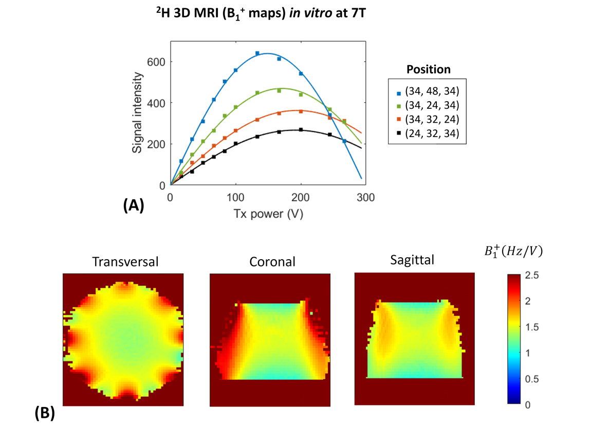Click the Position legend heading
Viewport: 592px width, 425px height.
tap(428, 69)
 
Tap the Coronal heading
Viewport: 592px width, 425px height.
tap(272, 262)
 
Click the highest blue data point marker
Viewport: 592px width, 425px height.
tap(257, 53)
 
